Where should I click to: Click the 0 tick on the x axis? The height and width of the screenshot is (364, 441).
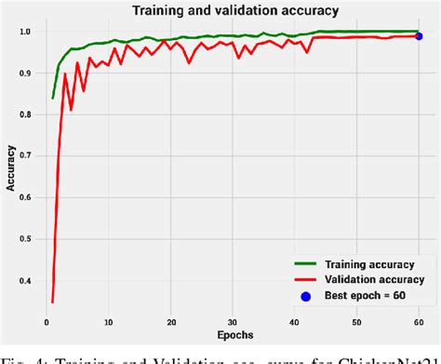pyautogui.click(x=47, y=322)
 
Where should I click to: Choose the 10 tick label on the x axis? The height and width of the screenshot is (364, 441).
pyautogui.click(x=109, y=322)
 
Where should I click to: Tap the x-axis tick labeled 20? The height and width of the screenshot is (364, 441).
pyautogui.click(x=171, y=322)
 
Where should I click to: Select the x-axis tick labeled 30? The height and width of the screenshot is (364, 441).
pyautogui.click(x=233, y=322)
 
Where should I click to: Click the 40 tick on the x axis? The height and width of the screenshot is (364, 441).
pyautogui.click(x=295, y=322)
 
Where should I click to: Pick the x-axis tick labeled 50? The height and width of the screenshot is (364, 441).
pyautogui.click(x=357, y=322)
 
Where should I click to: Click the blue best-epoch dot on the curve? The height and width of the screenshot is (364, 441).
pyautogui.click(x=419, y=36)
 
